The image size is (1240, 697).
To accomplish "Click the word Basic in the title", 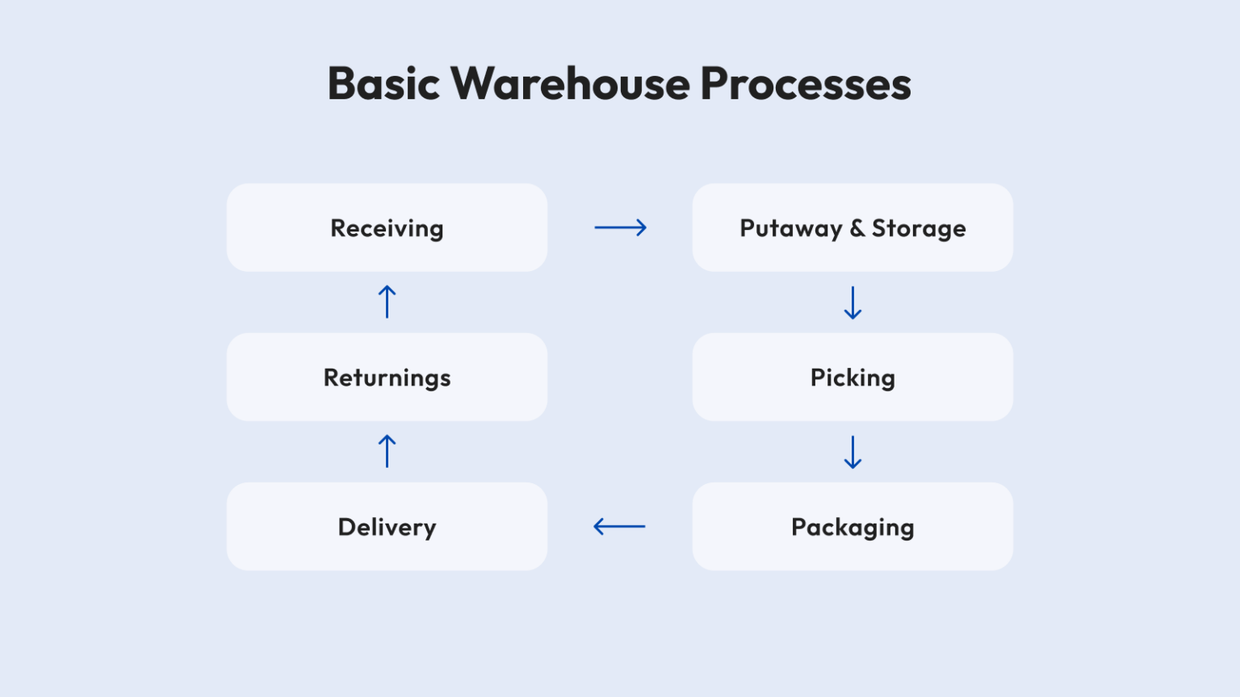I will [x=383, y=84].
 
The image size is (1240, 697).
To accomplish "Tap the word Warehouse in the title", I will [x=570, y=84].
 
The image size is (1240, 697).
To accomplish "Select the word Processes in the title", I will [x=806, y=84].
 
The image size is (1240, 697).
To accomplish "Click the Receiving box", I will [x=387, y=227].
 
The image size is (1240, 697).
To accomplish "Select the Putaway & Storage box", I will [x=852, y=227].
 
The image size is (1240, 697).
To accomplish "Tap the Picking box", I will [x=852, y=377].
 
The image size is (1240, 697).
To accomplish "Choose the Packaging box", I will [x=852, y=526].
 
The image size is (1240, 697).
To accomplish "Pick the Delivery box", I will [x=387, y=526].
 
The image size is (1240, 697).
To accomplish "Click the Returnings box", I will [x=387, y=377].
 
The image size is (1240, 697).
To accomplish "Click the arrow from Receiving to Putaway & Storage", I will [x=620, y=227].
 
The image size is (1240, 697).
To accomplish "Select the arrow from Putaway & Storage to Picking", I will [x=852, y=303].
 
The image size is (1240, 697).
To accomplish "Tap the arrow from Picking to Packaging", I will [x=852, y=452].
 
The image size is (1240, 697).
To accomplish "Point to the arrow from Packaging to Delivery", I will [x=619, y=527].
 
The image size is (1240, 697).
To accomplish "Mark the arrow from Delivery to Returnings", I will [x=387, y=452].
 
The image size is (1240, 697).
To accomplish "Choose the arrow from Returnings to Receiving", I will [x=387, y=302].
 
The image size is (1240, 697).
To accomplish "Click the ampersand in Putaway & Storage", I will [x=857, y=228].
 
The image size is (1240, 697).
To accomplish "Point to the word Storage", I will [x=919, y=229].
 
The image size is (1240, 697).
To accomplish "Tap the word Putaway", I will [x=791, y=229].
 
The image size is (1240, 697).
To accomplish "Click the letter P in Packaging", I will [x=798, y=526].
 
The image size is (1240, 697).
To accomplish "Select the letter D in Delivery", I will [x=347, y=527].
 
